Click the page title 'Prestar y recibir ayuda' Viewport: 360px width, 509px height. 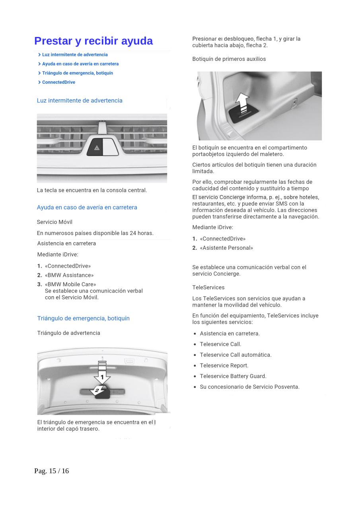[93, 41]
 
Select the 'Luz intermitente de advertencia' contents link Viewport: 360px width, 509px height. [75, 54]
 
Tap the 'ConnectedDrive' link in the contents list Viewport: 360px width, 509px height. [58, 82]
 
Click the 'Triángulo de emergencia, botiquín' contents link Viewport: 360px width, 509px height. [78, 73]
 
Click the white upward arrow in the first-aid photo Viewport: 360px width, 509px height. [242, 102]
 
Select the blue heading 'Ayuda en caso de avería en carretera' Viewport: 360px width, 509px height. [87, 207]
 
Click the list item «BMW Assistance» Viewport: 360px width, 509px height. [69, 275]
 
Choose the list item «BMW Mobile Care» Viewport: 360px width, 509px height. [70, 284]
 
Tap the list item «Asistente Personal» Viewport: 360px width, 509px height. [226, 248]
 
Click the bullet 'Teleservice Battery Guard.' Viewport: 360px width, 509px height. [233, 376]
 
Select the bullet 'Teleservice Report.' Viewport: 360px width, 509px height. [224, 365]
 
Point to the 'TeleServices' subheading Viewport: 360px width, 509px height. [208, 288]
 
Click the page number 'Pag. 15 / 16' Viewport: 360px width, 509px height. [52, 471]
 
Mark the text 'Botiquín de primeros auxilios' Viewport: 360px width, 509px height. [229, 59]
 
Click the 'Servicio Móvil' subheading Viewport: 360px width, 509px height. [54, 222]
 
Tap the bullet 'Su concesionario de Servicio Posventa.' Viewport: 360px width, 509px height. [249, 387]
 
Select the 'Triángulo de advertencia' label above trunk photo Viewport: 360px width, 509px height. [69, 333]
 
